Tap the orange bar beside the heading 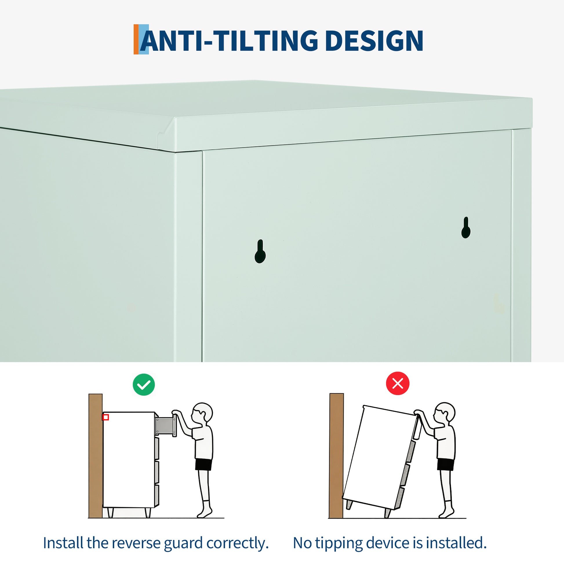pos(136,39)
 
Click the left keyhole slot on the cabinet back pos(260,251)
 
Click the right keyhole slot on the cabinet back pos(466,228)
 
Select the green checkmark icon pos(144,385)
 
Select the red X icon pos(398,383)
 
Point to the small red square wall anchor pos(106,417)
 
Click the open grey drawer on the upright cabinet pos(165,427)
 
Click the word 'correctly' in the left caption pos(237,543)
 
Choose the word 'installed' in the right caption pos(456,543)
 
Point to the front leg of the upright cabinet pos(148,512)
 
